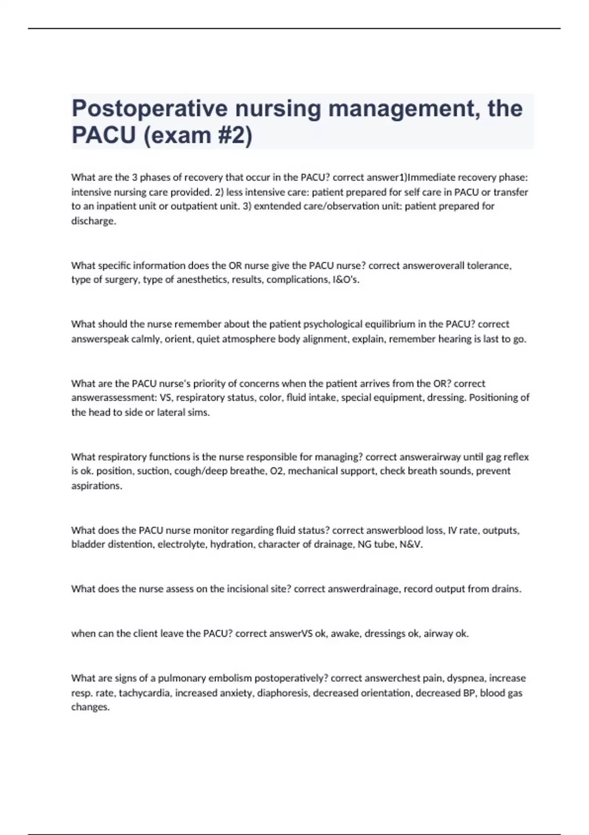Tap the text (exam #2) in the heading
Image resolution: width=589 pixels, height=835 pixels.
tap(198, 135)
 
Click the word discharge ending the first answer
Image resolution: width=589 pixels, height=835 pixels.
tap(93, 221)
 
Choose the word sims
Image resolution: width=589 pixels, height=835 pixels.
tap(200, 413)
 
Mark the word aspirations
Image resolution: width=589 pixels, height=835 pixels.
tap(96, 486)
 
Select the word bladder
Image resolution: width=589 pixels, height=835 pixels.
tap(86, 545)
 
